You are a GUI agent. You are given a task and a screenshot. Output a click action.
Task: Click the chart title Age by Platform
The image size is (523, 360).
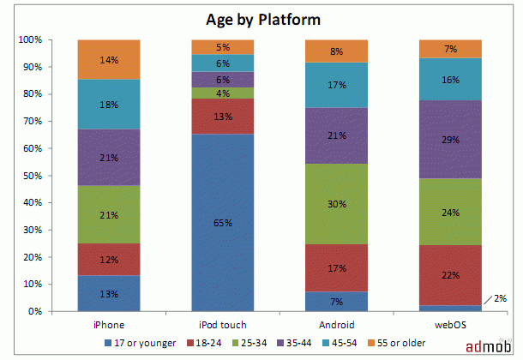tap(261, 18)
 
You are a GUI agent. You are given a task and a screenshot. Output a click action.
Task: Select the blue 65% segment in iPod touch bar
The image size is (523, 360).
tap(222, 222)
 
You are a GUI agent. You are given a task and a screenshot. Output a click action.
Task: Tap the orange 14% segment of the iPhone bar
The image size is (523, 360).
tap(108, 59)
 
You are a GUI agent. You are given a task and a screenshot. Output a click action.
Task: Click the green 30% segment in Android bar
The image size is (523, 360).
tap(336, 204)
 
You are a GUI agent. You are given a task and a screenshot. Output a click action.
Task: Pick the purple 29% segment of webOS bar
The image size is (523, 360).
tap(450, 140)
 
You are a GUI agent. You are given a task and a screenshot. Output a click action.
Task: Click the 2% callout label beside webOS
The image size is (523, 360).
tap(501, 298)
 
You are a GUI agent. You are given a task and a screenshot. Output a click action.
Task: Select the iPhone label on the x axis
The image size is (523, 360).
tap(108, 325)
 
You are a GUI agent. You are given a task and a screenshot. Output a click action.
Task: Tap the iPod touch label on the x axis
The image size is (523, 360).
tap(222, 325)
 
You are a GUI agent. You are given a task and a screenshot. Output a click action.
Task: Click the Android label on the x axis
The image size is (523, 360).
tap(336, 325)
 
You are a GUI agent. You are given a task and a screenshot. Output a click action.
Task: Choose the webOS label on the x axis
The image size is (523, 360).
tap(450, 325)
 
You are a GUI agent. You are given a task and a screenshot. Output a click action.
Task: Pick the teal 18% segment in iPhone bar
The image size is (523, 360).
tap(108, 104)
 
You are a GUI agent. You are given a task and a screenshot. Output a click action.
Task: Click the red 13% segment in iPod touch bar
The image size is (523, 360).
tap(222, 116)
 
